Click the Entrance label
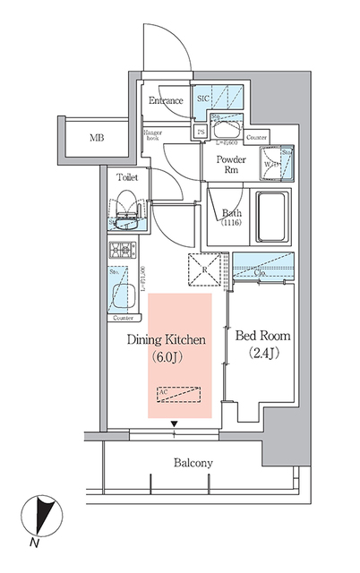coord(166,100)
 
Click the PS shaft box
coord(201,131)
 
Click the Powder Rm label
coord(231,166)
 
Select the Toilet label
coord(127,177)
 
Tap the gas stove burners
coord(121,251)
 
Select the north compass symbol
coord(41,517)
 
